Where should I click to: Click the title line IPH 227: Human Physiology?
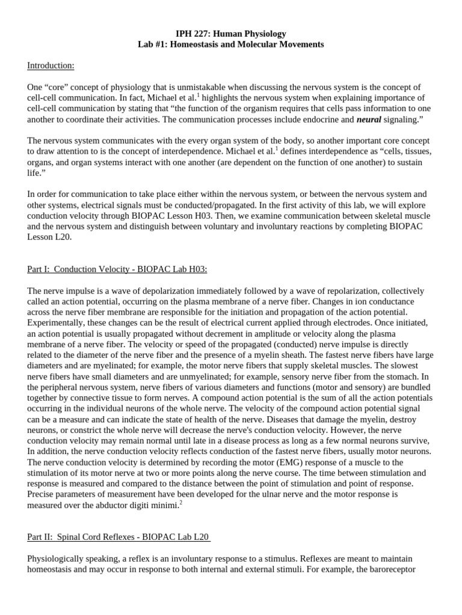pos(231,34)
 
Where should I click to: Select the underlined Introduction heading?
pos(51,65)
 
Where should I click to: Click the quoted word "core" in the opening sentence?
pos(59,87)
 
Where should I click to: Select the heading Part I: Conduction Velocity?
pos(117,269)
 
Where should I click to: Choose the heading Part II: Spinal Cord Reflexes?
pos(119,536)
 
